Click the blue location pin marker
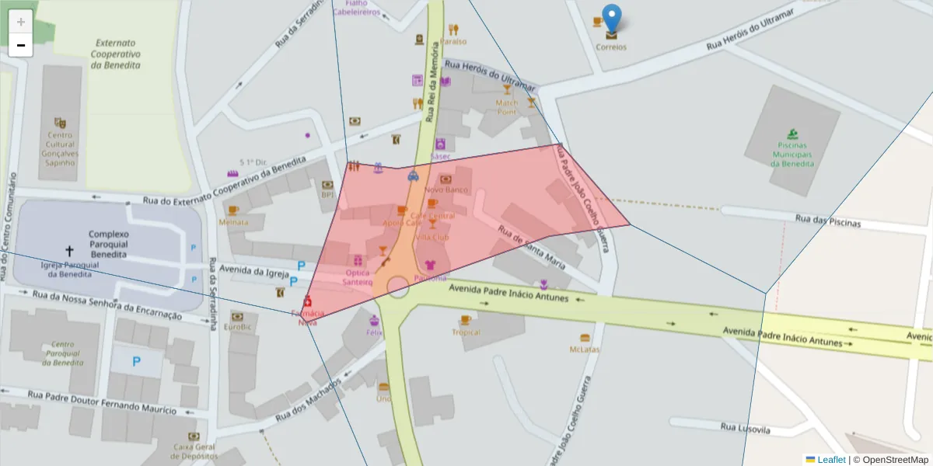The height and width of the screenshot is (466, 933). tap(613, 18)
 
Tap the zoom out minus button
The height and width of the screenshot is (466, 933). tap(21, 45)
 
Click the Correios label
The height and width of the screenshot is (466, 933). tap(611, 47)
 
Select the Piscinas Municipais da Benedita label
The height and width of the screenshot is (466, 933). tap(791, 154)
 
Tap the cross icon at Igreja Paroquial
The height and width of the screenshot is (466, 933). tap(69, 251)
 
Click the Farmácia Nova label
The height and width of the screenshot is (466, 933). tap(308, 317)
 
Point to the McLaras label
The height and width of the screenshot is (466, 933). tap(585, 349)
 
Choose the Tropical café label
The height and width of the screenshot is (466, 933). tap(466, 332)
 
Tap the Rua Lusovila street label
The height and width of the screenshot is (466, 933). tap(745, 428)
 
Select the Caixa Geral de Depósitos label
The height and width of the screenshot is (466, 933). tap(194, 450)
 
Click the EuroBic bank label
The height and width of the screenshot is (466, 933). tap(237, 327)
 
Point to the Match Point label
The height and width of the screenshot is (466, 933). tap(507, 107)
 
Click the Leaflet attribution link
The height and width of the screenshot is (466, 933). tap(831, 460)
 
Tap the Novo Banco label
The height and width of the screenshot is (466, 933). tap(446, 190)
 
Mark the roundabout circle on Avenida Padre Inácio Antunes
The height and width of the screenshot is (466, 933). tap(398, 287)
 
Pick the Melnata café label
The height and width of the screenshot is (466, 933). tap(233, 222)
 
